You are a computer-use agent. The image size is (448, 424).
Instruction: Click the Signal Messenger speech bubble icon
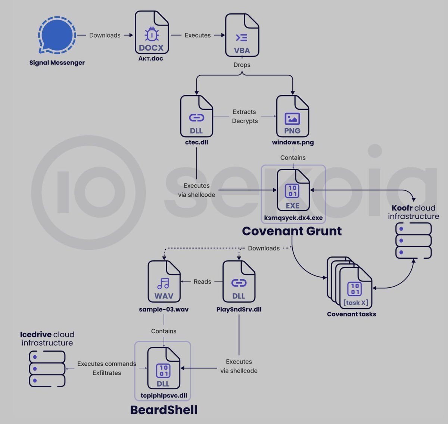click(x=57, y=35)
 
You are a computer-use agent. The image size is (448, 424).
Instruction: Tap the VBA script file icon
click(x=242, y=35)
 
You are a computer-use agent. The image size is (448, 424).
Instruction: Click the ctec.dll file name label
click(x=196, y=142)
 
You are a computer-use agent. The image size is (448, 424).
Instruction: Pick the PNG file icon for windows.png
click(x=292, y=116)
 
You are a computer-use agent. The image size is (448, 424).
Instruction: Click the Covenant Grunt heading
click(x=292, y=231)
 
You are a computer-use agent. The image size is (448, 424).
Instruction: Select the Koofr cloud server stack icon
click(x=413, y=240)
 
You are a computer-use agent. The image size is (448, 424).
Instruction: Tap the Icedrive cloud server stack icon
click(x=47, y=369)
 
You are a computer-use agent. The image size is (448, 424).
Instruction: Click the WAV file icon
click(x=164, y=281)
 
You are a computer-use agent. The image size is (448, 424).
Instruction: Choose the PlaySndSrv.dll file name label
click(x=239, y=309)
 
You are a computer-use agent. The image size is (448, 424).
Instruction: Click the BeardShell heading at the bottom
click(x=164, y=410)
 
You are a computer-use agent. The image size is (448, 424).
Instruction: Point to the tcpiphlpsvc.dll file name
click(x=164, y=396)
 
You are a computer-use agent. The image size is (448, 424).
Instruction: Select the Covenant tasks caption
click(x=351, y=314)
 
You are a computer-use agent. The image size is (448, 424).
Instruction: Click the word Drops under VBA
click(x=242, y=65)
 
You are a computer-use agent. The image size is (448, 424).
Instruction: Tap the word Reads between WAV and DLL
click(x=202, y=281)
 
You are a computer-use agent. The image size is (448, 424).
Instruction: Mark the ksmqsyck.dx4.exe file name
click(x=293, y=218)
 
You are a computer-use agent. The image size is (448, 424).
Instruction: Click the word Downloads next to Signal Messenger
click(x=105, y=35)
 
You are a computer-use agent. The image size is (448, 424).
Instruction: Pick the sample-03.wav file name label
click(x=164, y=309)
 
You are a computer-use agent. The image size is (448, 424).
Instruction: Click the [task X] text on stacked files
click(x=356, y=302)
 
